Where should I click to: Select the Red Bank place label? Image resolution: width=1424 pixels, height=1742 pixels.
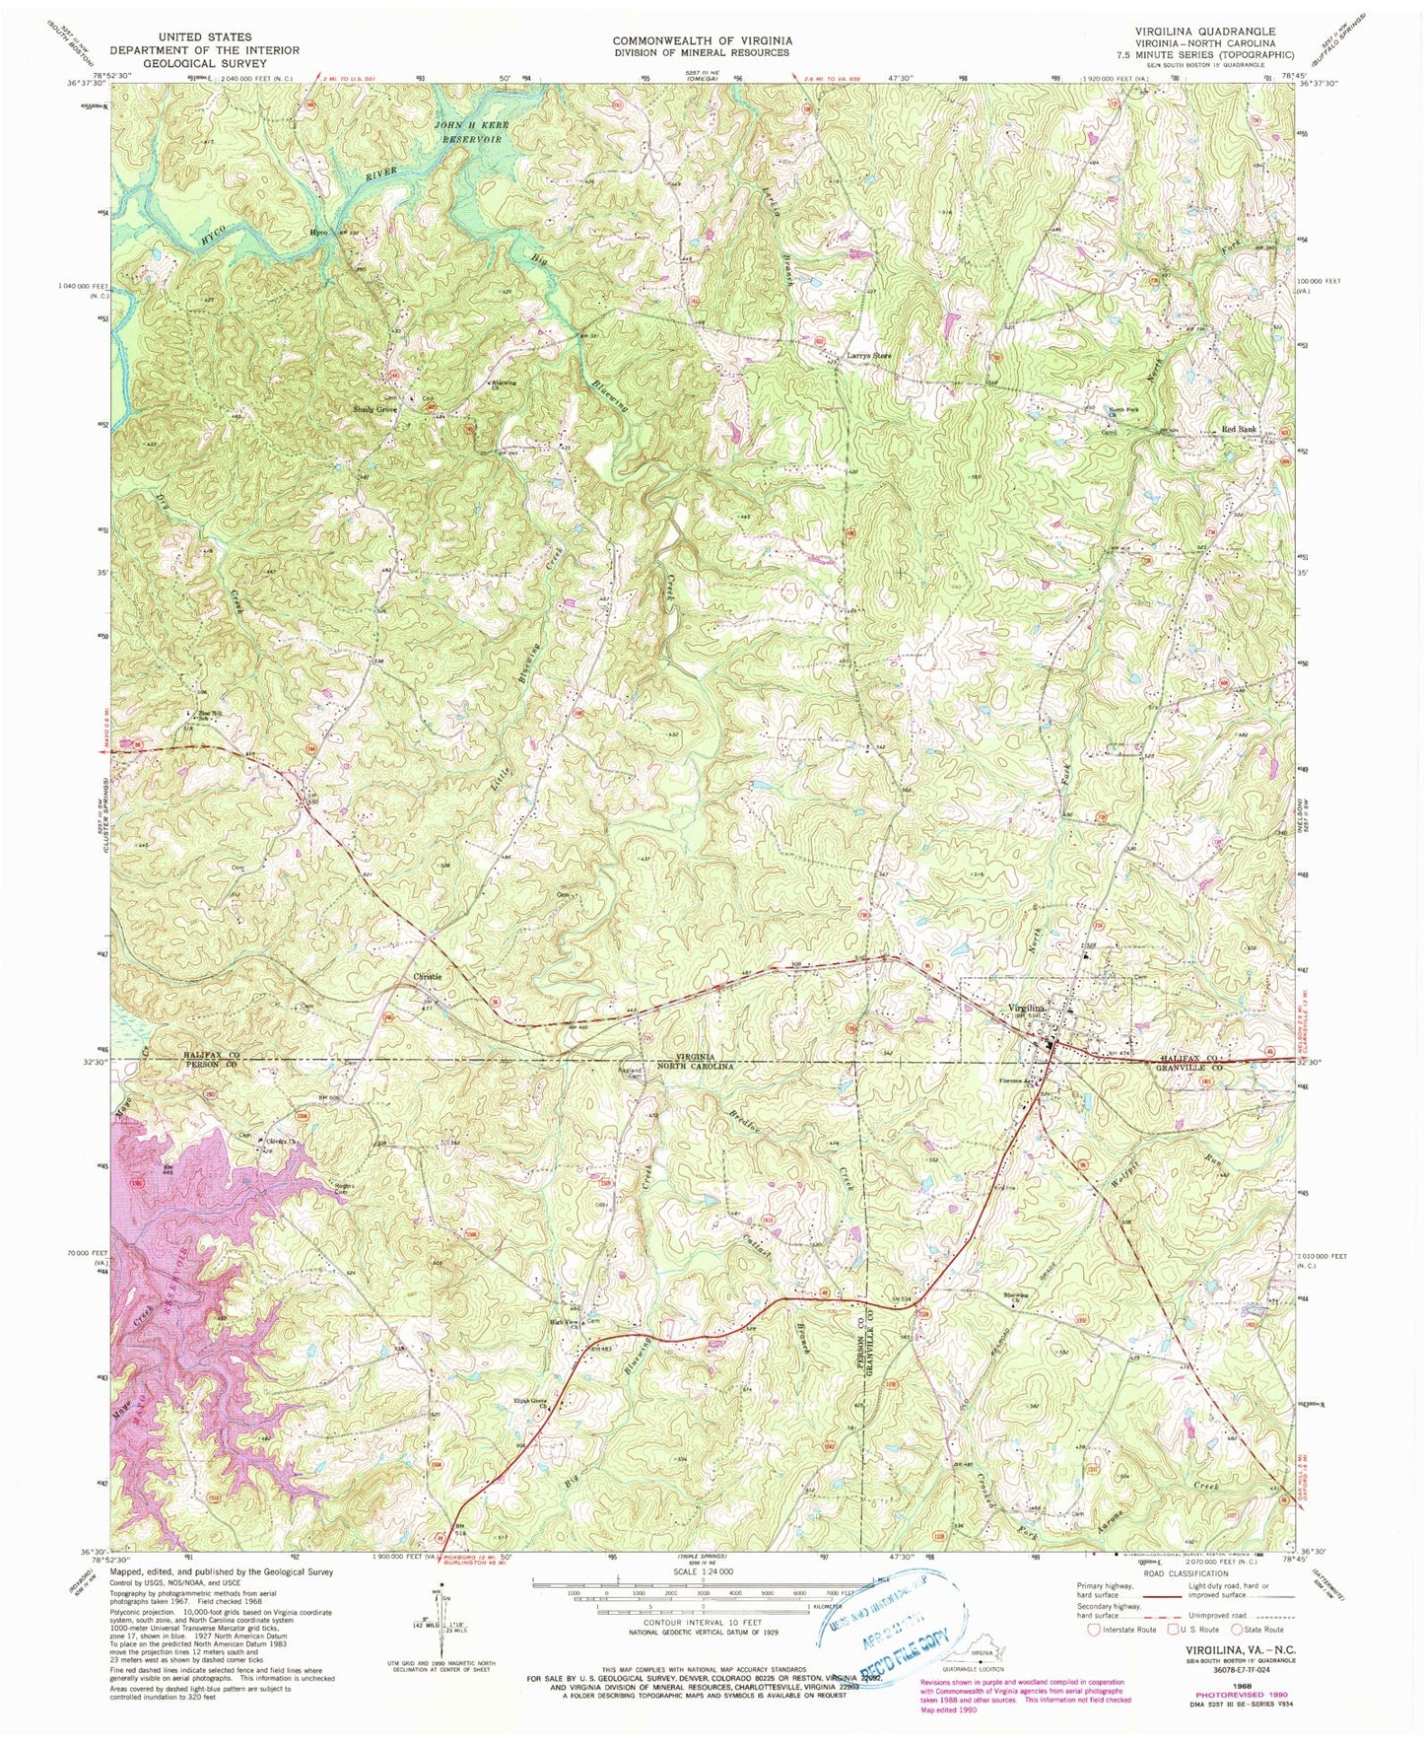(x=1239, y=430)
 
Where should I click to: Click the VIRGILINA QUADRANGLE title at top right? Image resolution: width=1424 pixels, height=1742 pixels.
(x=1204, y=32)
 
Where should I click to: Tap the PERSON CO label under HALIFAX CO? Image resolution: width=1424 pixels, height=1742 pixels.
(x=211, y=1066)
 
